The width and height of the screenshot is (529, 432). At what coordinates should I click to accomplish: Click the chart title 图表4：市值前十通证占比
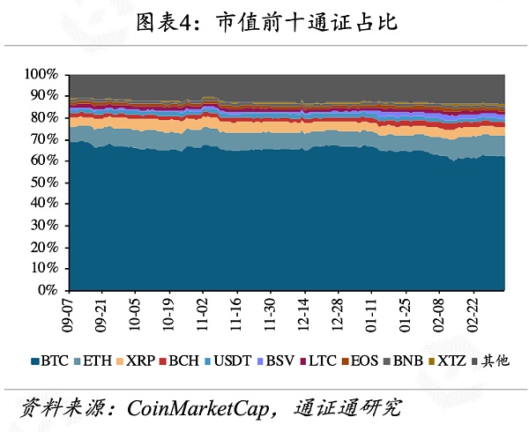(265, 22)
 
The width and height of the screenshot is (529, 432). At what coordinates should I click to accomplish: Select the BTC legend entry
(49, 361)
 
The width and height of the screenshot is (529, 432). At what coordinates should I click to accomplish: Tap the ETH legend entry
(96, 361)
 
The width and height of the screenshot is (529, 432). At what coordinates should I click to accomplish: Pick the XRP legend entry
(142, 361)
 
